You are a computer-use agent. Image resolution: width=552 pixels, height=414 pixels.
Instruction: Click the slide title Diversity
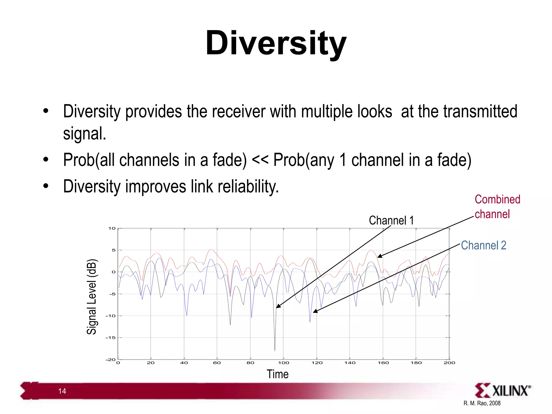click(x=276, y=43)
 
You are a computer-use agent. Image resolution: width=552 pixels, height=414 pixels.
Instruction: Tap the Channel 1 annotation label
click(x=391, y=220)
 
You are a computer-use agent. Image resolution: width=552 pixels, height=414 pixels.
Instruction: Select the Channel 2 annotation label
click(x=483, y=246)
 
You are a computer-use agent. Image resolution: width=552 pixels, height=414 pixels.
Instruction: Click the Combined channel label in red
click(x=497, y=207)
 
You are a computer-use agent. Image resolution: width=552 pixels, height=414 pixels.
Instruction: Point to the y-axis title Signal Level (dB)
click(x=92, y=296)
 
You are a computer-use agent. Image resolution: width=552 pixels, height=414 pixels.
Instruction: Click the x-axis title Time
click(x=277, y=374)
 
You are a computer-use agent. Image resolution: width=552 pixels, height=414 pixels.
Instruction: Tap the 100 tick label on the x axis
click(x=284, y=363)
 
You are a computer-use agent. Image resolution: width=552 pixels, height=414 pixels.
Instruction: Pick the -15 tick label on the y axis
click(x=111, y=338)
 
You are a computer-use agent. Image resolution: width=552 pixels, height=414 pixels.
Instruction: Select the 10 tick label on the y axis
click(x=112, y=228)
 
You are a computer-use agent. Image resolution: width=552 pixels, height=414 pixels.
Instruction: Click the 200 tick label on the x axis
click(x=449, y=363)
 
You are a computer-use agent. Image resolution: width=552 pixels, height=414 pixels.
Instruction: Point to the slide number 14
click(x=62, y=391)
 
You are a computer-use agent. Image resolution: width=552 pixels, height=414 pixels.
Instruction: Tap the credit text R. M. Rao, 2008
click(x=482, y=403)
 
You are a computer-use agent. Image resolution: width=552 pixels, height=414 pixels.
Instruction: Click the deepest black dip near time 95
click(x=275, y=350)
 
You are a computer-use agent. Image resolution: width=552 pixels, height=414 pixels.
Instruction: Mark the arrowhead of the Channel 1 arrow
click(x=278, y=307)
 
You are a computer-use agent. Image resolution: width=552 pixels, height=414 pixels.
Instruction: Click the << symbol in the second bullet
click(x=260, y=160)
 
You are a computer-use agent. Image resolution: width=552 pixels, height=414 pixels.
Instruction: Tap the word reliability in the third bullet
click(x=248, y=187)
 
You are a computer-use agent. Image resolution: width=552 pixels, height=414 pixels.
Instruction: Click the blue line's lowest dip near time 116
click(x=310, y=321)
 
